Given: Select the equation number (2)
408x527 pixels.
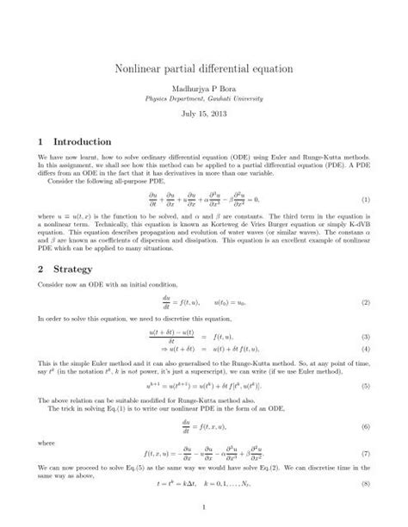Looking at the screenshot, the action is (x=365, y=303).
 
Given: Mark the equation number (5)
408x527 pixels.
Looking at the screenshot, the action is (x=365, y=388).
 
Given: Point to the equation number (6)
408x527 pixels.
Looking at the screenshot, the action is (x=365, y=427).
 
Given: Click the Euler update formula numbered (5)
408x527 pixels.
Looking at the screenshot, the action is (x=203, y=388).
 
